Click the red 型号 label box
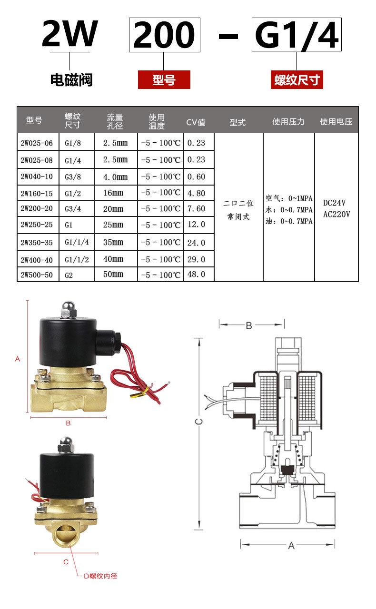click(x=164, y=80)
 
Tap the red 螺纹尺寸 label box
click(x=297, y=80)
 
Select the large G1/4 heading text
click(x=297, y=35)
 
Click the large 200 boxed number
click(x=164, y=35)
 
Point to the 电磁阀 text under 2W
click(x=71, y=79)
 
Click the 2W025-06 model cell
click(x=37, y=143)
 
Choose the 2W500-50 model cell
click(x=37, y=275)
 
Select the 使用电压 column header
click(x=336, y=122)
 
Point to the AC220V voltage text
click(x=336, y=214)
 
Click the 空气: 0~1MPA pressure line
click(x=289, y=198)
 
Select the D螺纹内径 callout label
click(x=100, y=576)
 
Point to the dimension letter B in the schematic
click(x=249, y=325)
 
